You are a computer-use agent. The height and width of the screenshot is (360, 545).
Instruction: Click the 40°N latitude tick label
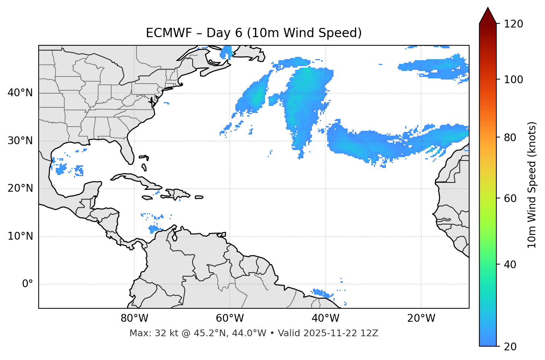20,93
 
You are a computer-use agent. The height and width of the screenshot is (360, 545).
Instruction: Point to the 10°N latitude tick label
20,236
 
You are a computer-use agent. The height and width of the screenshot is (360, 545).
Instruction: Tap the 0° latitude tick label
27,284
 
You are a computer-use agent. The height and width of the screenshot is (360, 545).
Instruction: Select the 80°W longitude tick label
134,318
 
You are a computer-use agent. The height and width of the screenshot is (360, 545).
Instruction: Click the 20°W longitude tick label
421,318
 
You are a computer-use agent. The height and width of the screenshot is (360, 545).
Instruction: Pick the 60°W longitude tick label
230,318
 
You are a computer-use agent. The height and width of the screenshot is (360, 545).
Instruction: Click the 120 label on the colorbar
513,24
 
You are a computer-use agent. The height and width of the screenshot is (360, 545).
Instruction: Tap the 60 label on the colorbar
511,198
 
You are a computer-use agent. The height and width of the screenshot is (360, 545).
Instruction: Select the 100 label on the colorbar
513,80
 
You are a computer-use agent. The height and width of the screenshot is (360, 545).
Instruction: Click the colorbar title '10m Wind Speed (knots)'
532,185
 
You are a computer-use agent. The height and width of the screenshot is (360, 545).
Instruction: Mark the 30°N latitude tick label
20,141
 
